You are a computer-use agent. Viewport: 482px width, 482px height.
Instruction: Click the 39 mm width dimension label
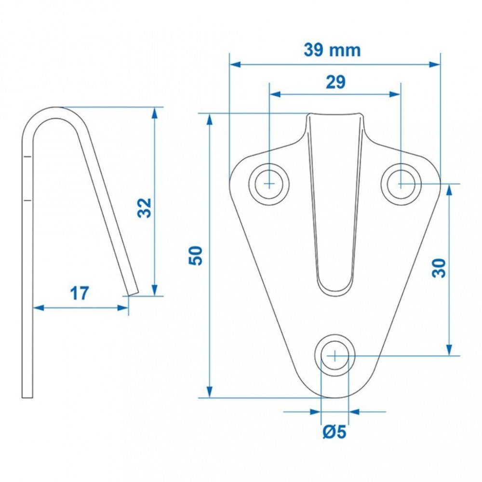tap(332, 51)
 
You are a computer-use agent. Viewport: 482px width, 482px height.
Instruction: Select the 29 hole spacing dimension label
tap(335, 82)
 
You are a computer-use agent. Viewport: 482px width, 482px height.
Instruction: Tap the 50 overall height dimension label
tap(196, 255)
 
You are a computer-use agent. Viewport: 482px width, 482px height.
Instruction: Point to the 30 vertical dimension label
tap(439, 268)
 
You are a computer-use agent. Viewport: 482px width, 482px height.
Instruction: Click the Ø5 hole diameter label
tap(335, 432)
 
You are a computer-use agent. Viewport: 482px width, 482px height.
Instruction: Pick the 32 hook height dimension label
tap(145, 208)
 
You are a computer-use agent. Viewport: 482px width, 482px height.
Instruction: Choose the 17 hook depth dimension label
tap(80, 293)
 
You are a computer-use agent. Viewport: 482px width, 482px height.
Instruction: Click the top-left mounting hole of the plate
tap(269, 184)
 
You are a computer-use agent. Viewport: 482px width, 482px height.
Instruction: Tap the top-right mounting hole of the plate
tap(401, 184)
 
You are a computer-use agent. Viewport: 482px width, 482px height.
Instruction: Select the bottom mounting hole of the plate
tap(335, 356)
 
